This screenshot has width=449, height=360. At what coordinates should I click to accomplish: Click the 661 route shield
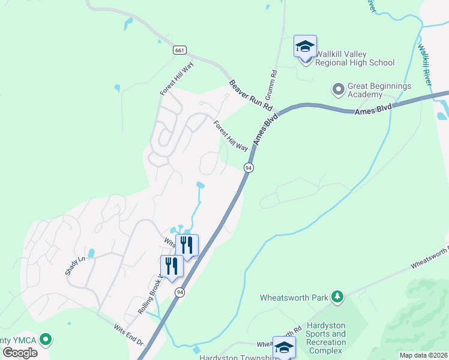(179, 50)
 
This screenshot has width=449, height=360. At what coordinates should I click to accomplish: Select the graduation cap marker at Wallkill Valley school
(305, 46)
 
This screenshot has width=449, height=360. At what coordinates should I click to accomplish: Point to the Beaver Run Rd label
(251, 95)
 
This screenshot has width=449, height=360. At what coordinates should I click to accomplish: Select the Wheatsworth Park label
(295, 297)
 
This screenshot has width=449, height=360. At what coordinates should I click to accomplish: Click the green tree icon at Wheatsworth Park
(337, 296)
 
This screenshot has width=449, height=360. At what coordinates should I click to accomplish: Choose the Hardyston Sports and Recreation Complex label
(326, 338)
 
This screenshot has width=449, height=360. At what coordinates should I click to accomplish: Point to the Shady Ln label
(72, 264)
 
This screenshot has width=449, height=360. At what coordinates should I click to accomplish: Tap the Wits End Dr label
(128, 335)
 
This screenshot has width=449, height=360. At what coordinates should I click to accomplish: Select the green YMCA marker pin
(45, 340)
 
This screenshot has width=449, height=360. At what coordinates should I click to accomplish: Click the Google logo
(20, 353)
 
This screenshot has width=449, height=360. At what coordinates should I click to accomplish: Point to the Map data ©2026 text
(423, 355)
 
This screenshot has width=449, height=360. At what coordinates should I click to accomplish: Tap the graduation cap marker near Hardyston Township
(284, 347)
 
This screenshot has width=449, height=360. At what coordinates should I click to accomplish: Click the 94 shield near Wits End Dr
(179, 292)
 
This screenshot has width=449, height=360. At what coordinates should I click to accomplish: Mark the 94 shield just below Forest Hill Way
(248, 168)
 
